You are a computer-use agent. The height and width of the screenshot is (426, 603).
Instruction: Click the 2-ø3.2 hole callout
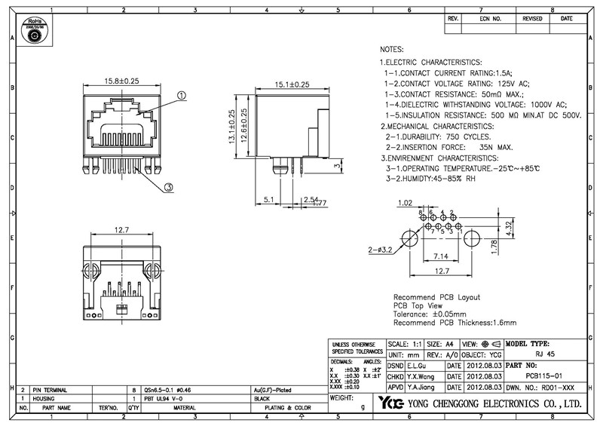pyautogui.click(x=381, y=248)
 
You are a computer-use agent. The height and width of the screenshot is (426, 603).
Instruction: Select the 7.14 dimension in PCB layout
pyautogui.click(x=441, y=256)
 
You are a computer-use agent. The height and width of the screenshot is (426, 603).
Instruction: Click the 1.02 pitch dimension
pyautogui.click(x=406, y=204)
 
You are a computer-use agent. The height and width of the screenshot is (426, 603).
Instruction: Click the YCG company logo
pyautogui.click(x=391, y=403)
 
